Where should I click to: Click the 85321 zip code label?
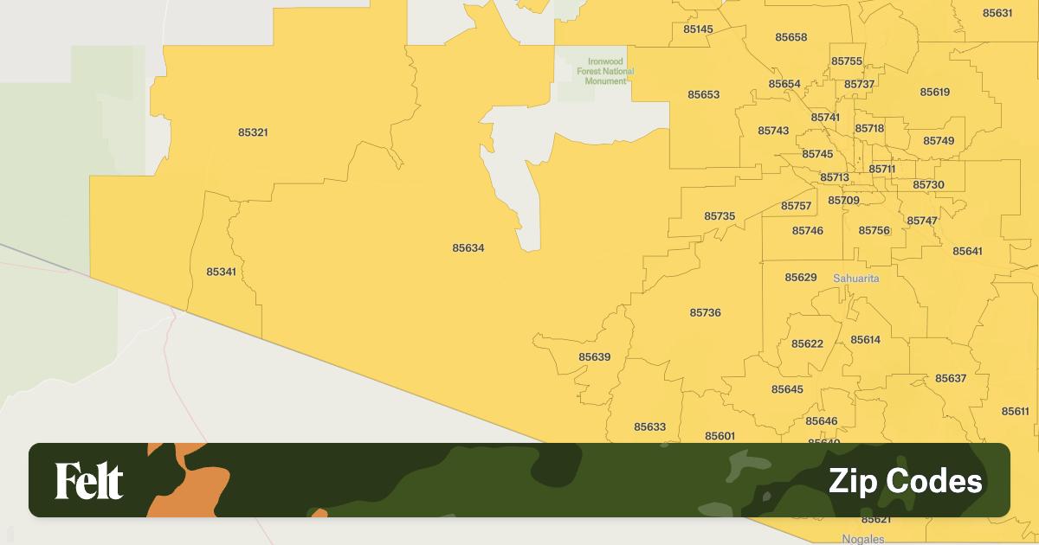(253, 132)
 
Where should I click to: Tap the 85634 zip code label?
(468, 248)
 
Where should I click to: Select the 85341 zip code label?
(221, 272)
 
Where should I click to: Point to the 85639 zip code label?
(595, 357)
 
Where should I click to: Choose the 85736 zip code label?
(706, 313)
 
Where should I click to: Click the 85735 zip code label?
(720, 216)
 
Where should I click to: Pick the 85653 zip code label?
(704, 95)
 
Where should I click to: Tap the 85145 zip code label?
(698, 29)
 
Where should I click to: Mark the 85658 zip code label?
(791, 37)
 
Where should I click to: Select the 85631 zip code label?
(997, 13)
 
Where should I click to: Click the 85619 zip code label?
(935, 93)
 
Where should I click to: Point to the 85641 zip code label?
(968, 252)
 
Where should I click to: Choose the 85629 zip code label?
(801, 278)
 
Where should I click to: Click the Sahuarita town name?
(856, 279)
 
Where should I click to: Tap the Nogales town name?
(863, 539)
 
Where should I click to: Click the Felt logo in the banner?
(89, 481)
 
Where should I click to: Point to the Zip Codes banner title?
(906, 481)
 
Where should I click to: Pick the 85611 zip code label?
(1016, 412)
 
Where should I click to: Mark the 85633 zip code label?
(650, 427)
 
